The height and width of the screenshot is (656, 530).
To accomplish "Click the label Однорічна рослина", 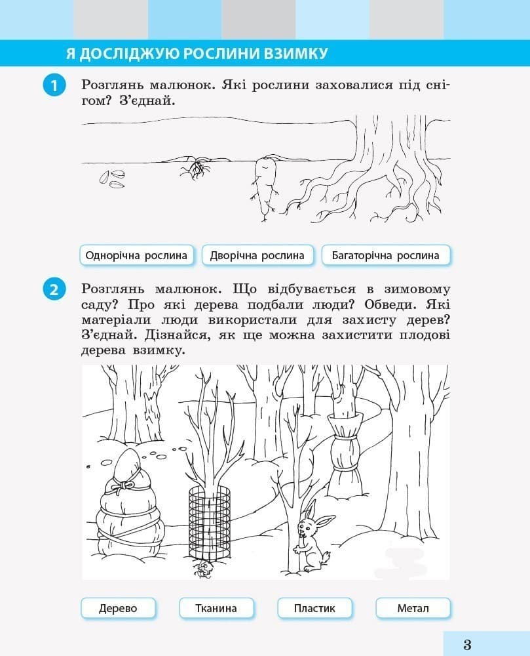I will [136, 255].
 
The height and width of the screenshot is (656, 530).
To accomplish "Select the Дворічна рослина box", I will [257, 255].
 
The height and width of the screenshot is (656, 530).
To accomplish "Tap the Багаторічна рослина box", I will [385, 255].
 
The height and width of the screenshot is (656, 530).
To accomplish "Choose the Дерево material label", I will [118, 608].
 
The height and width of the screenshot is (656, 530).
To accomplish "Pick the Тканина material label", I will [216, 608].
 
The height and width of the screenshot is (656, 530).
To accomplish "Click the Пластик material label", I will [314, 608].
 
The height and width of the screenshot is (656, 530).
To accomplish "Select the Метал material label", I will [413, 608].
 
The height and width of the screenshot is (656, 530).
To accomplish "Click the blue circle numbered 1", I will [54, 86].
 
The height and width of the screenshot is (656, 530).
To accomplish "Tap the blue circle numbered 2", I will [54, 289].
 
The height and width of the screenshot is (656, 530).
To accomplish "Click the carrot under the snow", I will [265, 182].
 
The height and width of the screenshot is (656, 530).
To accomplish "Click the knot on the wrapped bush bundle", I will [125, 485].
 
